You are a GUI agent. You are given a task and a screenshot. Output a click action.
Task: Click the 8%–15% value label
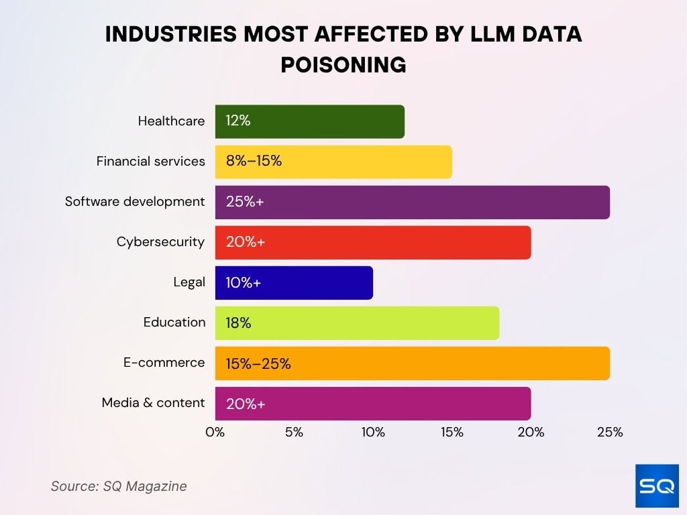click(x=254, y=162)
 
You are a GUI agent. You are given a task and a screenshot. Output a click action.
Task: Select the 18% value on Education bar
click(x=238, y=323)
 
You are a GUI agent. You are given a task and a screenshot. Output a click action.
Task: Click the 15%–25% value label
click(x=258, y=363)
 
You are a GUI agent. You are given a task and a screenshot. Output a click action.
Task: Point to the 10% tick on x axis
click(x=373, y=433)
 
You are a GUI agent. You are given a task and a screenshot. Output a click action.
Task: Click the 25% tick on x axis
click(x=610, y=433)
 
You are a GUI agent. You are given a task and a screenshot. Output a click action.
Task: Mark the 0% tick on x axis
click(x=215, y=433)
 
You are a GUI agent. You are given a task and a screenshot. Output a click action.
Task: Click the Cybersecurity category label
click(x=160, y=242)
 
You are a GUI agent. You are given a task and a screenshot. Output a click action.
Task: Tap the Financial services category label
click(x=150, y=162)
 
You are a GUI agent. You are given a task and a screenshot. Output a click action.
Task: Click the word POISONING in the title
click(x=343, y=64)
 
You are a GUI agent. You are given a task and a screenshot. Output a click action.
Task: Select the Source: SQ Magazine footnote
click(x=119, y=486)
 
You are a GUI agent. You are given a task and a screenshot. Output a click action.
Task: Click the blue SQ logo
click(x=657, y=485)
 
